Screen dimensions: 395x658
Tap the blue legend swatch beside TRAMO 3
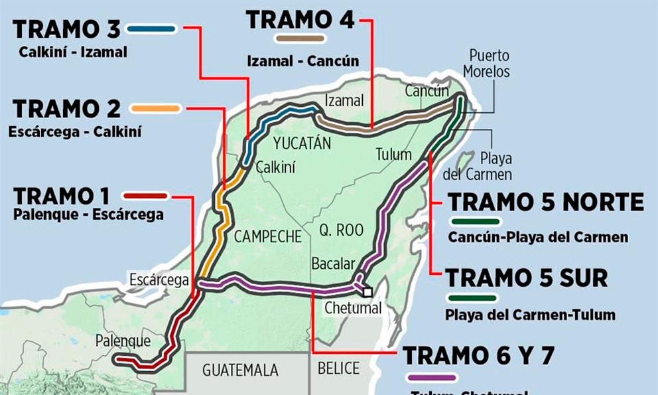point(151,29)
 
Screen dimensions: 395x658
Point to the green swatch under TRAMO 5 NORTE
point(474,221)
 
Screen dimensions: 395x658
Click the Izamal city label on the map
point(344,101)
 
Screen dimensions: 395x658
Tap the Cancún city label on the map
point(427,91)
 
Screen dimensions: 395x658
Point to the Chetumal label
point(353,308)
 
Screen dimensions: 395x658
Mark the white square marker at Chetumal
point(367,291)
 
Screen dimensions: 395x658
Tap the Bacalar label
point(333,263)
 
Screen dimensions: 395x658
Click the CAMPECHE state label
point(267,237)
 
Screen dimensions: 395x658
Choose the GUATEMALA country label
point(240,370)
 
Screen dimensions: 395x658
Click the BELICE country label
point(338,368)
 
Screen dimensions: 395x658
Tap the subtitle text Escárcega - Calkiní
point(75,131)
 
